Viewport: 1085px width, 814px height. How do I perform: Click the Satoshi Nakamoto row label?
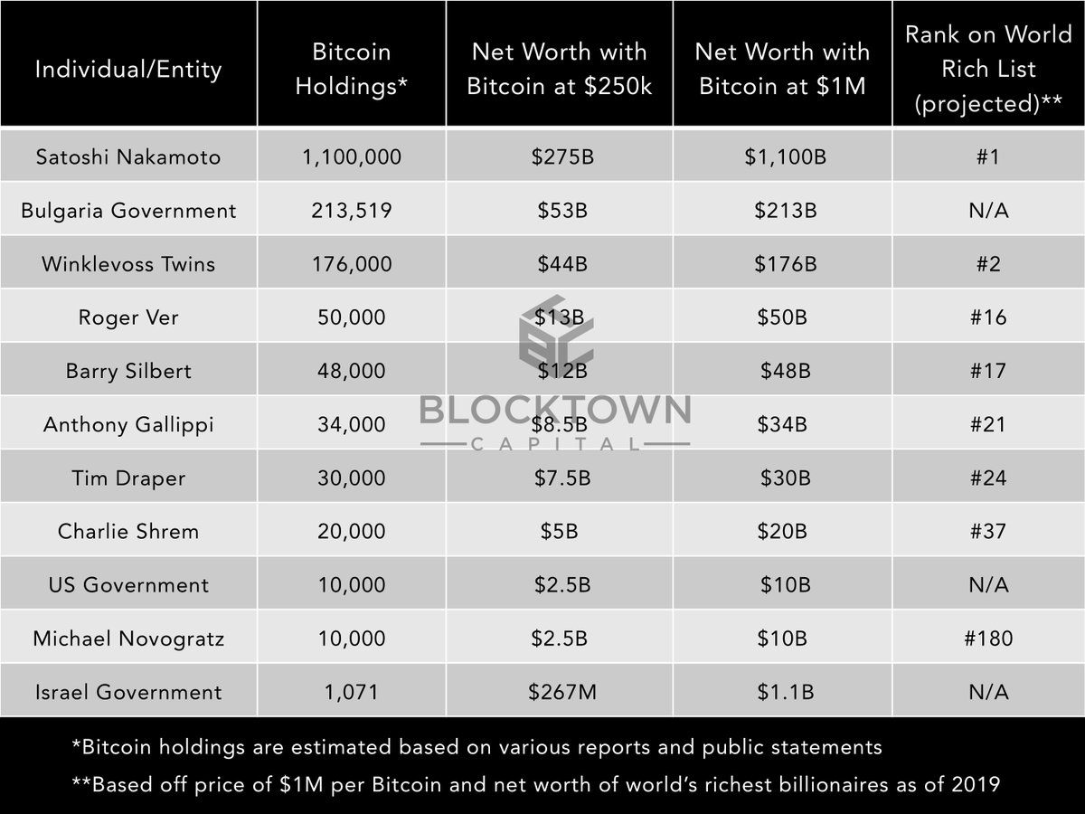pyautogui.click(x=127, y=156)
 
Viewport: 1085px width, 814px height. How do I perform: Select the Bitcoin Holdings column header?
pyautogui.click(x=351, y=70)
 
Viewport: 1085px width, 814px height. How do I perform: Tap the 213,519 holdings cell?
pyautogui.click(x=351, y=211)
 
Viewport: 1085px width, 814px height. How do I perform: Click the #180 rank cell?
pyautogui.click(x=987, y=639)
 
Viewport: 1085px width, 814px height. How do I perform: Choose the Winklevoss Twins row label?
pyautogui.click(x=128, y=264)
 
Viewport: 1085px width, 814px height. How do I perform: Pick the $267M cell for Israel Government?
pyautogui.click(x=561, y=692)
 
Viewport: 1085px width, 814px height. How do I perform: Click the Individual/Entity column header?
pyautogui.click(x=128, y=70)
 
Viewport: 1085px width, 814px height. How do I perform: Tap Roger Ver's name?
pyautogui.click(x=128, y=317)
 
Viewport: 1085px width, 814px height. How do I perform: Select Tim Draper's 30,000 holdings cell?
pyautogui.click(x=351, y=478)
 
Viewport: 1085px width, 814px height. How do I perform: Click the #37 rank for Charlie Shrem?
pyautogui.click(x=987, y=531)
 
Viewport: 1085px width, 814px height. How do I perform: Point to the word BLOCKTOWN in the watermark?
pyautogui.click(x=554, y=411)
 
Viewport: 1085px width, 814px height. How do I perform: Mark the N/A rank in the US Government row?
pyautogui.click(x=987, y=584)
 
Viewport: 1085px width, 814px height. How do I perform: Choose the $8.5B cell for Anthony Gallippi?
pyautogui.click(x=561, y=424)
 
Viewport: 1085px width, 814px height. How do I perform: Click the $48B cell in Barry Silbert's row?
pyautogui.click(x=785, y=371)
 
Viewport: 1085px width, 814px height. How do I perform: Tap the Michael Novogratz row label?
pyautogui.click(x=128, y=639)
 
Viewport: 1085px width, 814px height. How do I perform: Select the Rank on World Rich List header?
pyautogui.click(x=987, y=70)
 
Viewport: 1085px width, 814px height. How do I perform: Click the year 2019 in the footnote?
pyautogui.click(x=977, y=783)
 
